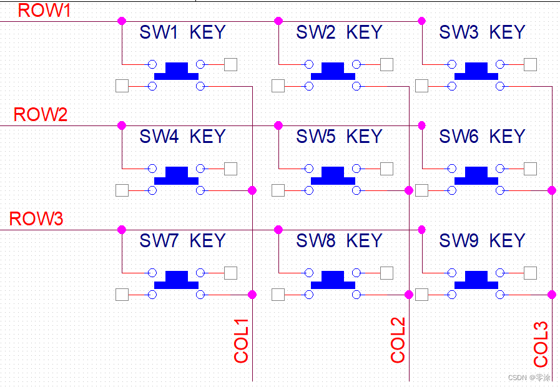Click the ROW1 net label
click(44, 10)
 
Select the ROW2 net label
click(40, 115)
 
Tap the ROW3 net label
click(36, 219)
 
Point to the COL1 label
click(242, 341)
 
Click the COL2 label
click(398, 340)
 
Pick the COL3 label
click(541, 344)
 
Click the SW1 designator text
click(159, 32)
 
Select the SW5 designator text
click(316, 137)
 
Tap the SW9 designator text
click(459, 241)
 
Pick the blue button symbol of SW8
click(333, 280)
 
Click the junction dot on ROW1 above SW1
click(122, 21)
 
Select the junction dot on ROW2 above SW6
click(421, 125)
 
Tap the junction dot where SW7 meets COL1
click(252, 294)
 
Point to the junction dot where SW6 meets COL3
click(552, 190)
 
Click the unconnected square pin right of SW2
click(386, 64)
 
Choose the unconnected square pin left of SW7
click(122, 294)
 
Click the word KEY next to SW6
click(507, 137)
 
